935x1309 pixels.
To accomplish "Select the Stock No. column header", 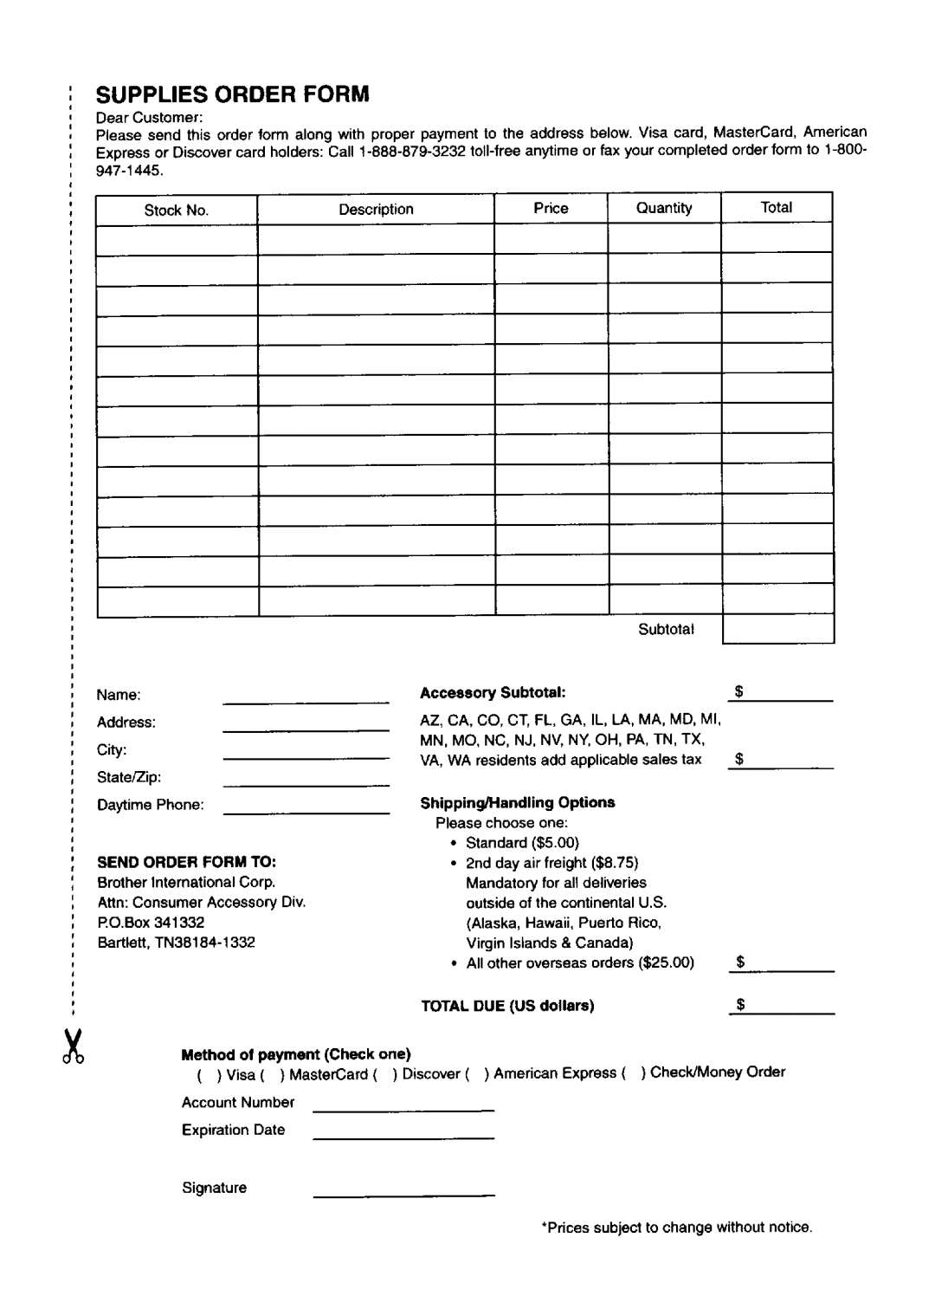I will click(177, 210).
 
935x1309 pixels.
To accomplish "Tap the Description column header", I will click(376, 209).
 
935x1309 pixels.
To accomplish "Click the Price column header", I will click(551, 208).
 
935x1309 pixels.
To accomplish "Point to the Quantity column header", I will click(664, 208).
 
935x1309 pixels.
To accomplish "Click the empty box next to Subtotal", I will click(777, 629).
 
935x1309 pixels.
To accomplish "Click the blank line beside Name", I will click(306, 697).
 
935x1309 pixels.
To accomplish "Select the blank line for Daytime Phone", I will click(306, 808).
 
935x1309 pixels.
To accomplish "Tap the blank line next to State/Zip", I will click(306, 781).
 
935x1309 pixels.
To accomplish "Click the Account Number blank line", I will click(403, 1106).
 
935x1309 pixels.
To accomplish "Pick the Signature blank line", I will click(403, 1192).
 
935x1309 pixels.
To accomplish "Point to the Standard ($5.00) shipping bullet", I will click(522, 843).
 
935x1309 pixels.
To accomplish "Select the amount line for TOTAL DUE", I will click(781, 1008).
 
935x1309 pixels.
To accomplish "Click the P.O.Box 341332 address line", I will click(151, 923).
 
